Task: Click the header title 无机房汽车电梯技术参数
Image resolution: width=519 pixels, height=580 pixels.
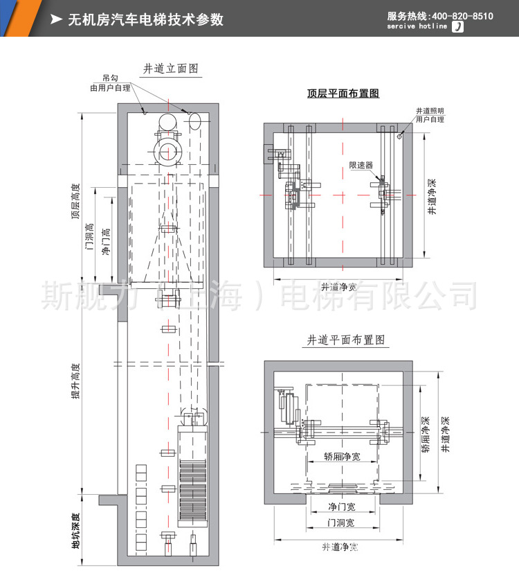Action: tap(145, 20)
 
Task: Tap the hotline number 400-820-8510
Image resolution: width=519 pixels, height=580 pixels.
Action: tap(463, 16)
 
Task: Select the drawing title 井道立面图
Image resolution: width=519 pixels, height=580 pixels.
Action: tap(171, 69)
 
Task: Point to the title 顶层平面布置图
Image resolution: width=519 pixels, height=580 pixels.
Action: tap(343, 94)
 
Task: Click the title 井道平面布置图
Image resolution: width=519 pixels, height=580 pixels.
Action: tap(345, 340)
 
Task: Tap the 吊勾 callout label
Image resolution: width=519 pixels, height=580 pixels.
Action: tap(110, 78)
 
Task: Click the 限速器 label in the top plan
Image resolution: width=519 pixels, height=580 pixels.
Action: tap(361, 166)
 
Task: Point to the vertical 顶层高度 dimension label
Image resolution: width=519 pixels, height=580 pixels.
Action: tap(75, 201)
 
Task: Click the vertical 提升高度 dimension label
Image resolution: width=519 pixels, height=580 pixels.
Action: tap(75, 381)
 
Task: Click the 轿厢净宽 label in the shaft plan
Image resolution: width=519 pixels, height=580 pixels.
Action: tap(341, 457)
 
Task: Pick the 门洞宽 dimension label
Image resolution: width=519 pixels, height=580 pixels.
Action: tap(340, 522)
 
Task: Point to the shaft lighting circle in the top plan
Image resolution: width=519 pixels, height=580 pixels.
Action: tap(400, 137)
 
